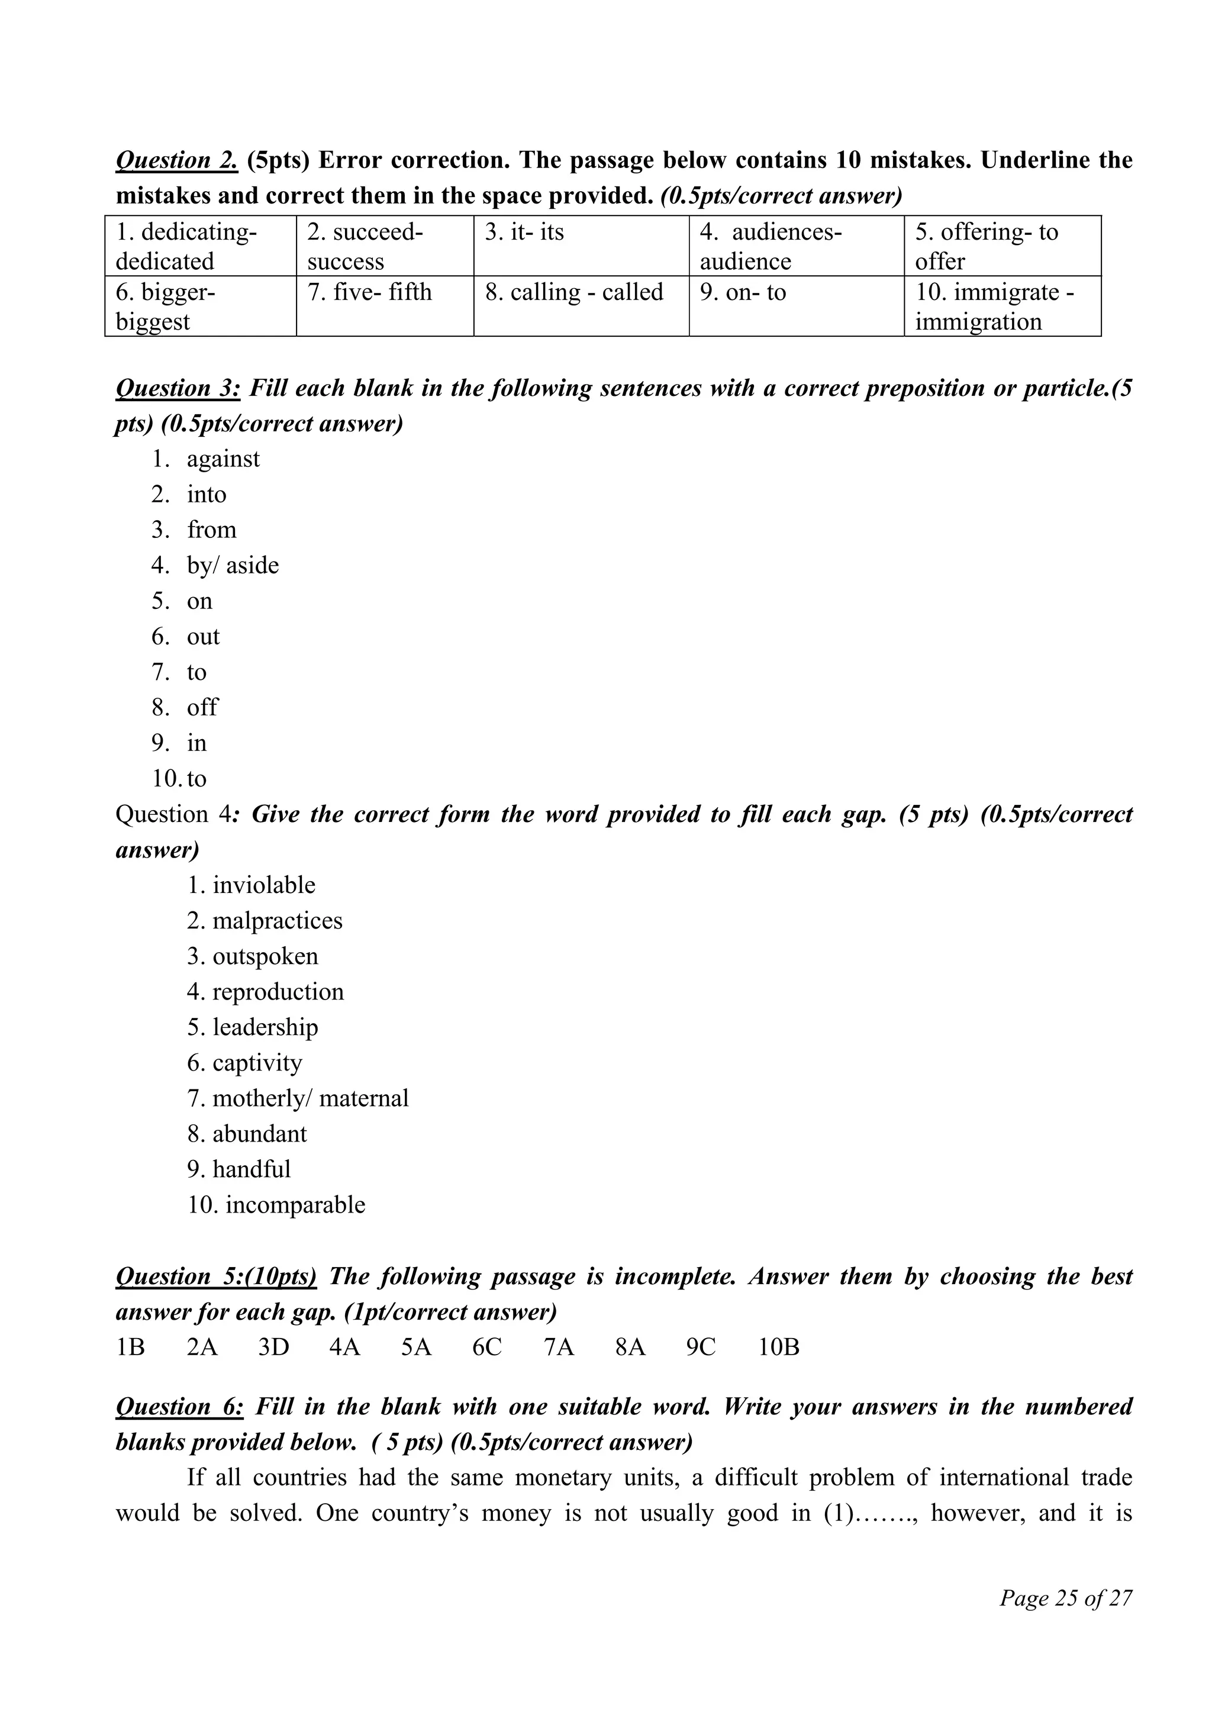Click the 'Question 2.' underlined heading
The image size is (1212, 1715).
[x=176, y=160]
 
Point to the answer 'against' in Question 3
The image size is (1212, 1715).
[x=223, y=459]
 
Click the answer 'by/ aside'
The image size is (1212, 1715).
[x=232, y=565]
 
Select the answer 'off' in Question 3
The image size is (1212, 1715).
[x=202, y=707]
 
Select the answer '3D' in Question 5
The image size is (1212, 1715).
[x=273, y=1347]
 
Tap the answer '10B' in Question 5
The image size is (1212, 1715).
[x=779, y=1347]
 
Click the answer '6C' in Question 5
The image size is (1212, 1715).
[x=487, y=1347]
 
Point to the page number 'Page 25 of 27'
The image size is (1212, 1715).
[x=1066, y=1598]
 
